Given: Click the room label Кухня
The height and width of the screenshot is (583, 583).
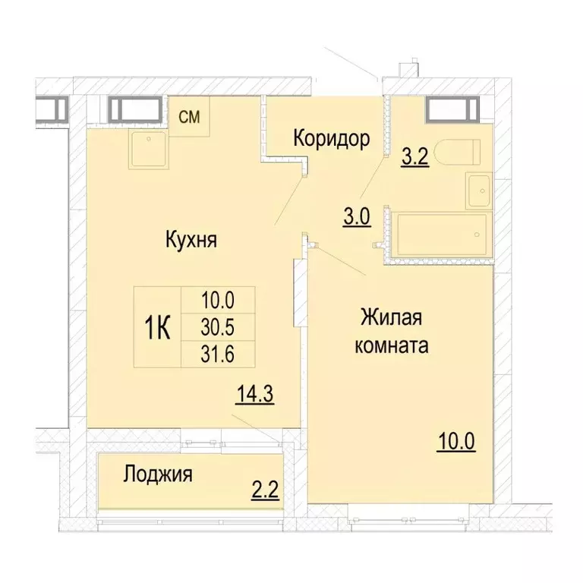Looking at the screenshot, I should pos(191,241).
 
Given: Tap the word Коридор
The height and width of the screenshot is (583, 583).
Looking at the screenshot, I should pos(332,139).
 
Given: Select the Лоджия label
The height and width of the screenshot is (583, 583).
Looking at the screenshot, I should pos(158,475).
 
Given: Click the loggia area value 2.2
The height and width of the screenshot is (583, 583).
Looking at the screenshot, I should pos(266,487).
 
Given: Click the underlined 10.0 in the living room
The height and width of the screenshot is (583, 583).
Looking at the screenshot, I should pos(455,440).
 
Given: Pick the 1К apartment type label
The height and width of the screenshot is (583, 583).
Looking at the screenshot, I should pos(157,327).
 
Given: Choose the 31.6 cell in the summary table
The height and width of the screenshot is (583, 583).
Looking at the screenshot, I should pos(218,355).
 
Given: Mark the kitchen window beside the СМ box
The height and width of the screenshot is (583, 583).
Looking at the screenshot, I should pos(134,109).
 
